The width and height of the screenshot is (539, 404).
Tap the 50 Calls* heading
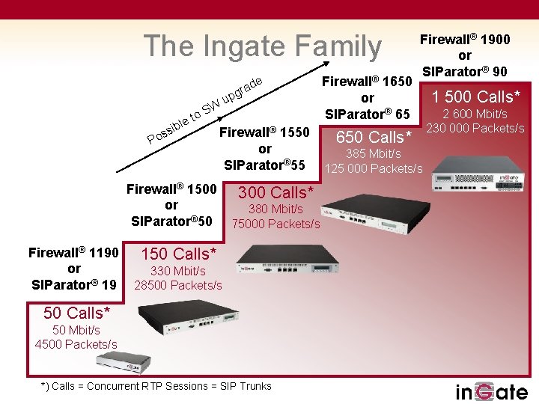[x=76, y=312]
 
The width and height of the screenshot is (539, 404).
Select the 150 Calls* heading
[x=178, y=254]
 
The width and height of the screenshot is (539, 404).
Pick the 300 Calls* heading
[x=275, y=192]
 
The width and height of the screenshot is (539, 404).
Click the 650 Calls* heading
[x=374, y=137]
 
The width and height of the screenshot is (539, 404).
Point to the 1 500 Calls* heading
[x=475, y=96]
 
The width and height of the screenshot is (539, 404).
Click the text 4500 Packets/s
[x=76, y=344]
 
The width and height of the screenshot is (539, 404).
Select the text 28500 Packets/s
[x=178, y=285]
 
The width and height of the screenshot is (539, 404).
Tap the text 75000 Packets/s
[x=275, y=224]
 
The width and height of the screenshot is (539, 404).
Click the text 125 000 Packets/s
[x=374, y=168]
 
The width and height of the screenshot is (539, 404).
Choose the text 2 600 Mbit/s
[x=475, y=114]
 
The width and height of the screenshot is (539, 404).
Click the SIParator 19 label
[x=73, y=284]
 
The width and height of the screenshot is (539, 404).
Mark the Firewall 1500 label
[x=171, y=189]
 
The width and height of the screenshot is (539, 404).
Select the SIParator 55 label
[x=264, y=164]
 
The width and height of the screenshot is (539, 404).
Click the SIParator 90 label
[x=465, y=72]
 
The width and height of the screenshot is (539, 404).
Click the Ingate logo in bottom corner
[x=492, y=391]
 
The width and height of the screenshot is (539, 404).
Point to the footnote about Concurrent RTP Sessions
[x=156, y=386]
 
